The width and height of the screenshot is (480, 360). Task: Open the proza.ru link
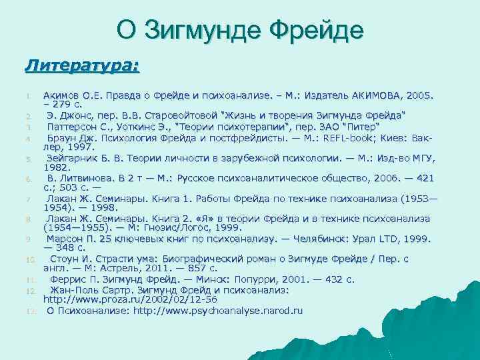pos(123,300)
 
